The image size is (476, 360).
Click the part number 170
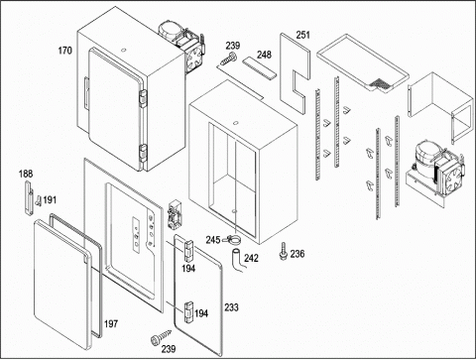(64, 51)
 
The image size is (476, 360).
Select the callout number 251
(302, 35)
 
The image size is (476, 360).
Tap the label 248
(265, 55)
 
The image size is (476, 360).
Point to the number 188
(26, 174)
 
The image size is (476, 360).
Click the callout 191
(50, 200)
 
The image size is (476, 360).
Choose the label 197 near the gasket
(111, 323)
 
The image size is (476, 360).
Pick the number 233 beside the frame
(231, 307)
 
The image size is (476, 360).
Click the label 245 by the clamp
(213, 240)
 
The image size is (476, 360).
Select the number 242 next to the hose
(251, 258)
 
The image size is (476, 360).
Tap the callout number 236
(297, 254)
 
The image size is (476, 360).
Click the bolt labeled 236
(283, 251)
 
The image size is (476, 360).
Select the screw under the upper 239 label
(229, 59)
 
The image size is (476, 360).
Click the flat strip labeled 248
(260, 68)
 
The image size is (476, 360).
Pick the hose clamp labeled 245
(233, 239)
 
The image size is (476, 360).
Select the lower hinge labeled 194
(188, 311)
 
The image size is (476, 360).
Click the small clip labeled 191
(39, 200)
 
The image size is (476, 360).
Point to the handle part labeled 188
(29, 197)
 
